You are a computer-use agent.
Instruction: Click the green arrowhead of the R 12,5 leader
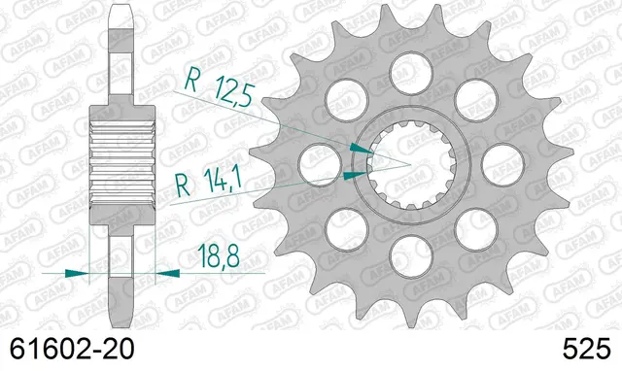click(x=360, y=148)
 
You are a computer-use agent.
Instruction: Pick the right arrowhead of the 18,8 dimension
click(x=166, y=274)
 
